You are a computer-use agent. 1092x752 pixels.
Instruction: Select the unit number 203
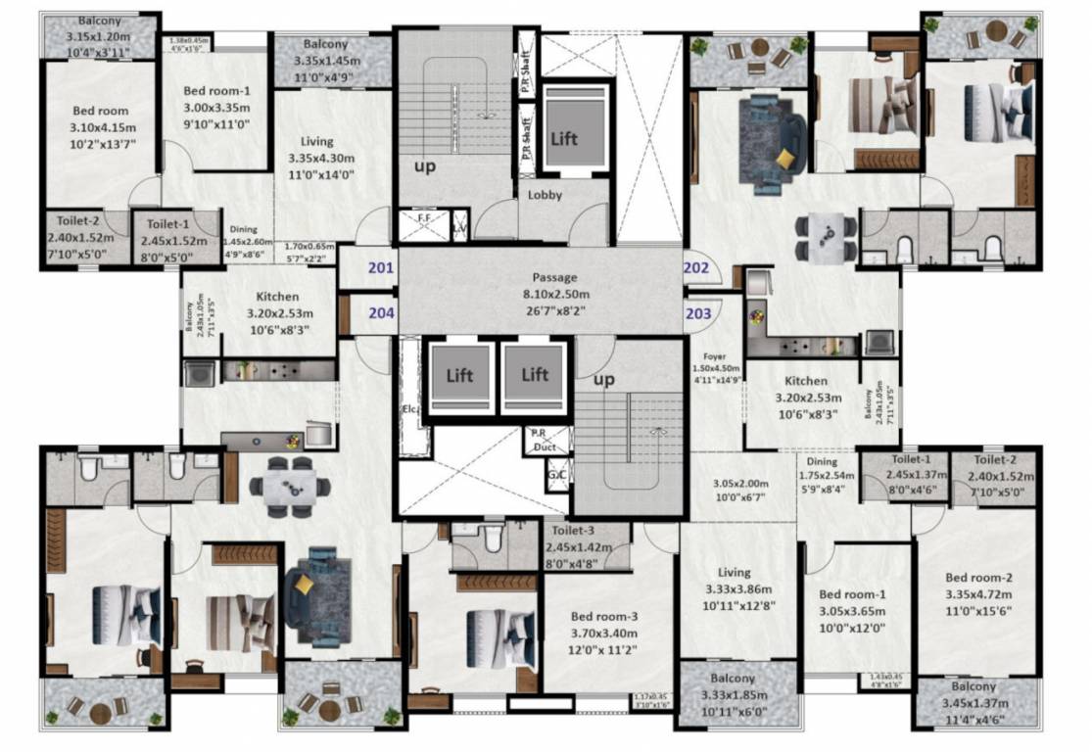click(697, 313)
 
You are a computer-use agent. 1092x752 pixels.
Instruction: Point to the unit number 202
click(696, 265)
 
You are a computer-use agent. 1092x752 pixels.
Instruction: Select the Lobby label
click(545, 195)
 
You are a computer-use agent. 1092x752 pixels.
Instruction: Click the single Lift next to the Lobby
click(563, 138)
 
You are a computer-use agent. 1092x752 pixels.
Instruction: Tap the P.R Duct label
click(545, 440)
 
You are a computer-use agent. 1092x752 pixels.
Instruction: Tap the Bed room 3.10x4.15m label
click(101, 128)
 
